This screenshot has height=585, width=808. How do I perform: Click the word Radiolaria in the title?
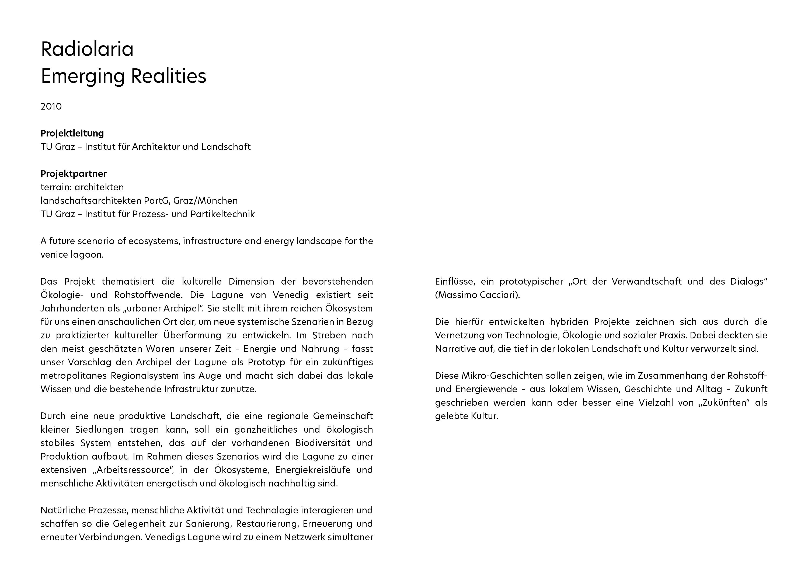click(87, 49)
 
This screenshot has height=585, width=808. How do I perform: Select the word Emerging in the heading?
click(83, 76)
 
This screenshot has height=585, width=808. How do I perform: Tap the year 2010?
click(51, 106)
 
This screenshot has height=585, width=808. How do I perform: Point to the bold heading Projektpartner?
click(73, 174)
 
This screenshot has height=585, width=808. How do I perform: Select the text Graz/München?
click(206, 201)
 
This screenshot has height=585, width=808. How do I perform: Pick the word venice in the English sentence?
click(53, 255)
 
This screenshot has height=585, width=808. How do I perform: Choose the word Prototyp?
click(266, 362)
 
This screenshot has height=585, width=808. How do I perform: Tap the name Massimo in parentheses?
click(455, 295)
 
